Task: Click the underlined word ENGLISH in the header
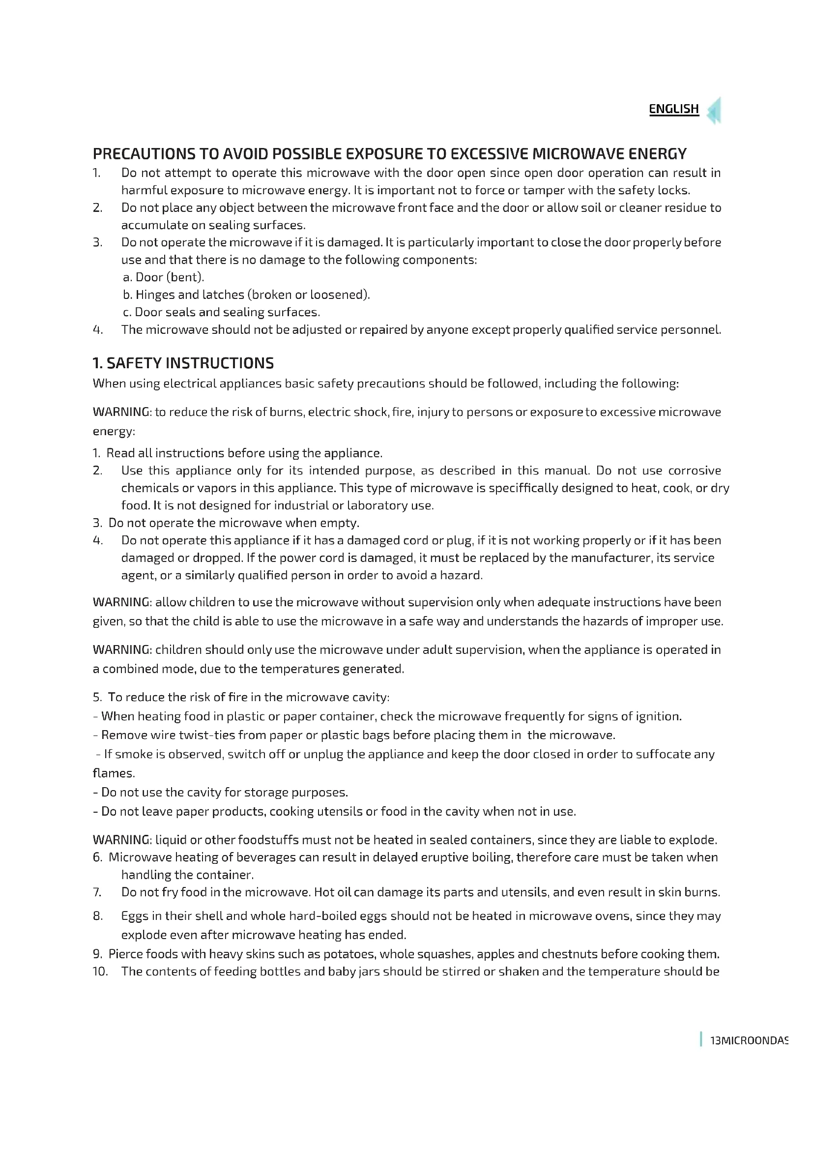(x=673, y=109)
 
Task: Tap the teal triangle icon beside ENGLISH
(x=714, y=111)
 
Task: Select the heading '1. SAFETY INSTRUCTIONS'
(x=183, y=363)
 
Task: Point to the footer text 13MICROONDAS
(x=749, y=1040)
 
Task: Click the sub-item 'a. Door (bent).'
(x=163, y=277)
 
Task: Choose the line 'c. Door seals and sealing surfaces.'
(x=221, y=312)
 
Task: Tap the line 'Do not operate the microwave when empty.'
(x=234, y=523)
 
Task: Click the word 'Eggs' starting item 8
(x=134, y=915)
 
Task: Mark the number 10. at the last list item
(x=100, y=971)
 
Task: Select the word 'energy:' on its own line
(x=114, y=431)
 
